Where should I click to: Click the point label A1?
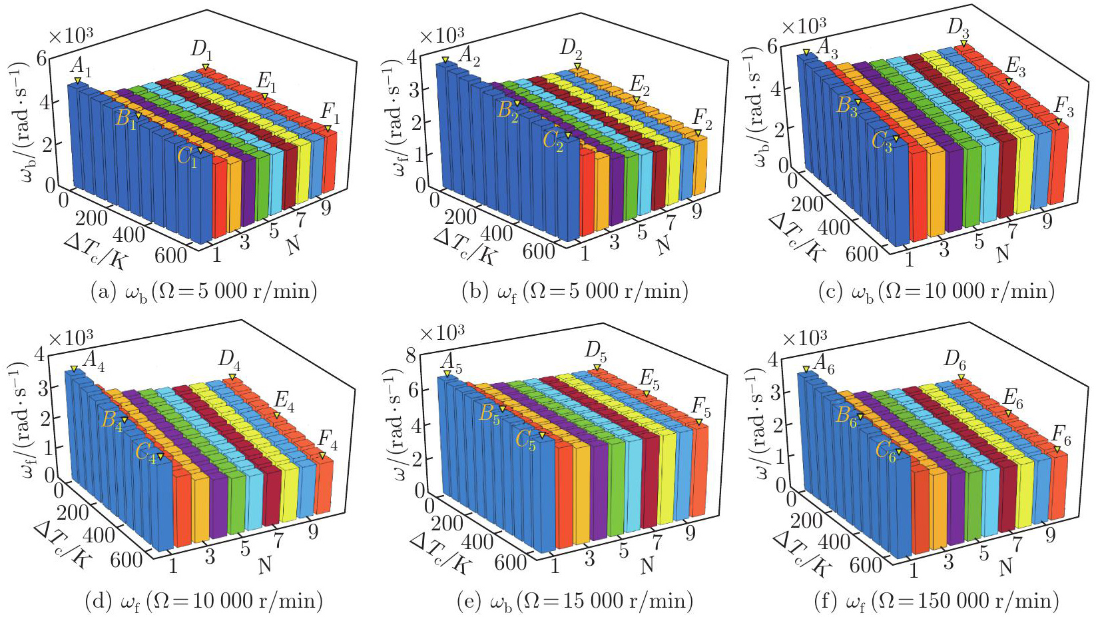pos(81,67)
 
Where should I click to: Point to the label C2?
pos(553,141)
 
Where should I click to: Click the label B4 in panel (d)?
pos(112,422)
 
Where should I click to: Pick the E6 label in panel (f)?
pos(1013,398)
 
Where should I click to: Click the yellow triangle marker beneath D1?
pos(206,67)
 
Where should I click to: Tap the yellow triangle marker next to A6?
pos(806,369)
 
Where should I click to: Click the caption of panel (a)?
pos(203,291)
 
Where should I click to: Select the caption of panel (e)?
pos(575,601)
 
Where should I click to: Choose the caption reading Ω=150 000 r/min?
pos(936,601)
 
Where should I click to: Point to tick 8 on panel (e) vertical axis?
pos(411,355)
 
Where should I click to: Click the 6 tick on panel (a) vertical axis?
pos(41,58)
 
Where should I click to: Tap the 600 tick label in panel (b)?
pos(539,251)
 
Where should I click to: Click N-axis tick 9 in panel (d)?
pos(313,531)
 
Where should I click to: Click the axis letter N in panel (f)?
pos(1005,567)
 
